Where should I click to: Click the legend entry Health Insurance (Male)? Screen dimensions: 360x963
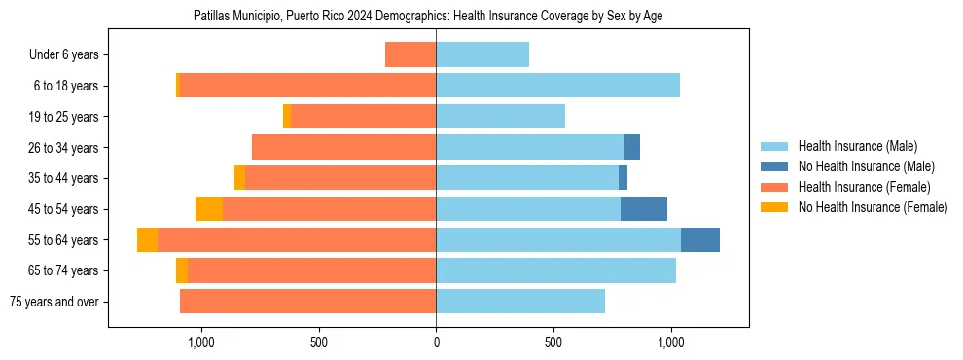coord(856,146)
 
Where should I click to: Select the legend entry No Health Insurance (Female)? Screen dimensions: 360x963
coord(873,207)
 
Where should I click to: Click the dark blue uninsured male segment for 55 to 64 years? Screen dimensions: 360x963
coord(700,239)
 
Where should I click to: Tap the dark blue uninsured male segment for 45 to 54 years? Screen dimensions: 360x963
coord(644,209)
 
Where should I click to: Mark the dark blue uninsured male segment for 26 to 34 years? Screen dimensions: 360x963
coord(631,147)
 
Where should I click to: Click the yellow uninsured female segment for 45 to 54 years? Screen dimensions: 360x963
coord(209,209)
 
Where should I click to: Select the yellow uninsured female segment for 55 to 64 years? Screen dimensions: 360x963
coord(147,239)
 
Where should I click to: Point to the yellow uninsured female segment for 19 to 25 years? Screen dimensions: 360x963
coord(287,117)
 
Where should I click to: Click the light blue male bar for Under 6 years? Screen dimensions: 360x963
coord(482,55)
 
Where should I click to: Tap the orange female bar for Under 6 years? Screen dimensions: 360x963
coord(410,55)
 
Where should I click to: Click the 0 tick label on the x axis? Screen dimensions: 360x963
coord(436,342)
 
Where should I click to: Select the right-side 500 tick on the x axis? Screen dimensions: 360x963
coord(553,342)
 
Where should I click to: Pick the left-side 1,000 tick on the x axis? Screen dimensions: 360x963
coord(200,342)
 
